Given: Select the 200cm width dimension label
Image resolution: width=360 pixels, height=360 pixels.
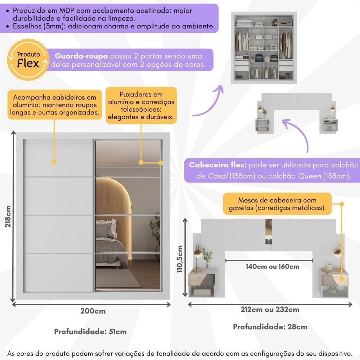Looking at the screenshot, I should pyautogui.click(x=93, y=311).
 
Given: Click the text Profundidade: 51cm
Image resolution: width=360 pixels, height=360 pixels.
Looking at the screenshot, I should pyautogui.click(x=90, y=332).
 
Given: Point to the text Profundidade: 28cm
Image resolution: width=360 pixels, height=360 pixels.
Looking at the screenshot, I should pyautogui.click(x=270, y=327).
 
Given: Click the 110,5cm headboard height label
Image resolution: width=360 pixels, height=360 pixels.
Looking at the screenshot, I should pyautogui.click(x=181, y=259).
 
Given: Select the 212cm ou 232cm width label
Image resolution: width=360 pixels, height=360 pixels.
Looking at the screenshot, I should pyautogui.click(x=270, y=310).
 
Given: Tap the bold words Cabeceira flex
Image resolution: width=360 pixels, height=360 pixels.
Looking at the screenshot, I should pyautogui.click(x=218, y=166).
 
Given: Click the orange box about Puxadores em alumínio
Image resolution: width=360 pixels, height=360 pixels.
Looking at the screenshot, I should pyautogui.click(x=141, y=105).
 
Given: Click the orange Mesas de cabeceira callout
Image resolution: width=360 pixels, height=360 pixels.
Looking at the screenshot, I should pyautogui.click(x=277, y=204).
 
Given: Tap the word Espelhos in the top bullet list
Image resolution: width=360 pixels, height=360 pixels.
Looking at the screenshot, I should pyautogui.click(x=27, y=26).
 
